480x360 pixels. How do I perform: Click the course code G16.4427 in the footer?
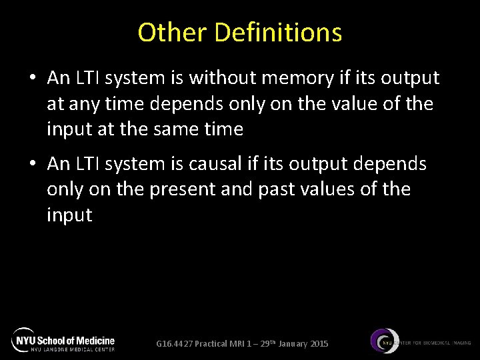pyautogui.click(x=174, y=344)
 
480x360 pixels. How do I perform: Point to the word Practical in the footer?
pyautogui.click(x=213, y=344)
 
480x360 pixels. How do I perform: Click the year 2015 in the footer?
pyautogui.click(x=319, y=344)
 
